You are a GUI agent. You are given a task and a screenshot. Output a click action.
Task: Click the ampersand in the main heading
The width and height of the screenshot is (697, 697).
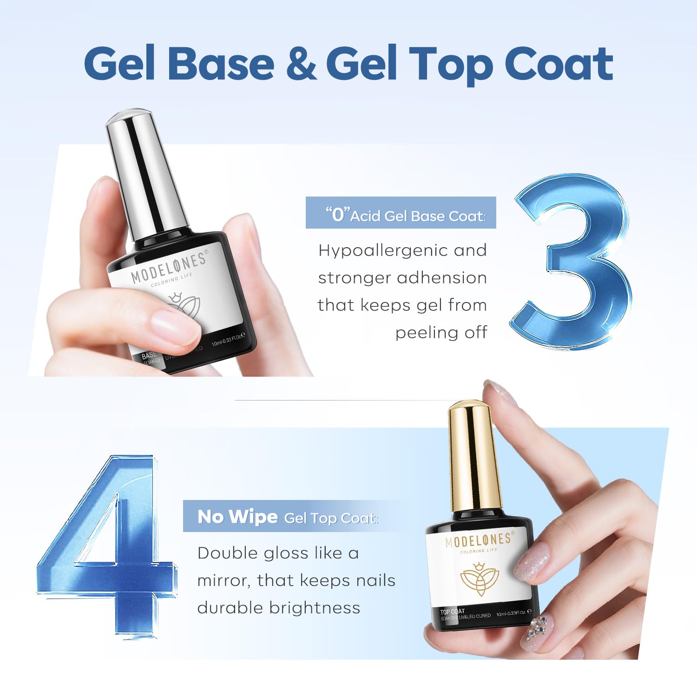pyautogui.click(x=301, y=63)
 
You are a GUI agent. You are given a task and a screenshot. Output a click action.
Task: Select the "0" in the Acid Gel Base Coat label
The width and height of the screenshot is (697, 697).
pyautogui.click(x=337, y=214)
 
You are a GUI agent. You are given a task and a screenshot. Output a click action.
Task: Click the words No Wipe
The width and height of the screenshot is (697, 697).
pyautogui.click(x=237, y=517)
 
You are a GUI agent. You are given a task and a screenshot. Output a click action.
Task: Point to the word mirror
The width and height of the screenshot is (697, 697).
pyautogui.click(x=224, y=580)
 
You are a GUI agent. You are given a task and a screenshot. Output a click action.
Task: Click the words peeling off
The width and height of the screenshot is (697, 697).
pyautogui.click(x=441, y=332)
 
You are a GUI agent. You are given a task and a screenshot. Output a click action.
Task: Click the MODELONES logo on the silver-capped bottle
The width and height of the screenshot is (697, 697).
pyautogui.click(x=169, y=268)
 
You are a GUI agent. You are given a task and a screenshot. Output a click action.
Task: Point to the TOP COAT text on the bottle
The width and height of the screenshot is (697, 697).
pyautogui.click(x=452, y=612)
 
